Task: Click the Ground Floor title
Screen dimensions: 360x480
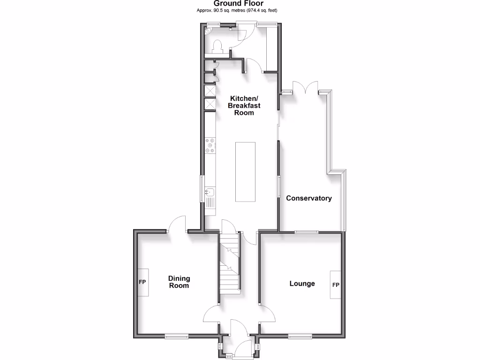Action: tap(240, 3)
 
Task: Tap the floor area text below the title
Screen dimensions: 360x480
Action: tap(240, 10)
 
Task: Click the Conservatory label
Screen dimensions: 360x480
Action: tap(309, 198)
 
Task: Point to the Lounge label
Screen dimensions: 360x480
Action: tap(302, 284)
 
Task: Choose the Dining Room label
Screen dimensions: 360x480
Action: tap(179, 282)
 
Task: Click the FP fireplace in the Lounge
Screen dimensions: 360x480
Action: tap(336, 285)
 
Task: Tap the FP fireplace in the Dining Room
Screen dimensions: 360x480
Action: tap(142, 283)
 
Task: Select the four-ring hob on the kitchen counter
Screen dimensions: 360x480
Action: tap(210, 145)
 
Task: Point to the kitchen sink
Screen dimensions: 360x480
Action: tap(210, 192)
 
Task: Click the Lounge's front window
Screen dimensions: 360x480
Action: tap(300, 336)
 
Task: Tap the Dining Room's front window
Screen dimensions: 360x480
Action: tap(176, 336)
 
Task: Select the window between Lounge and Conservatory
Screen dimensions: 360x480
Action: tap(306, 232)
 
